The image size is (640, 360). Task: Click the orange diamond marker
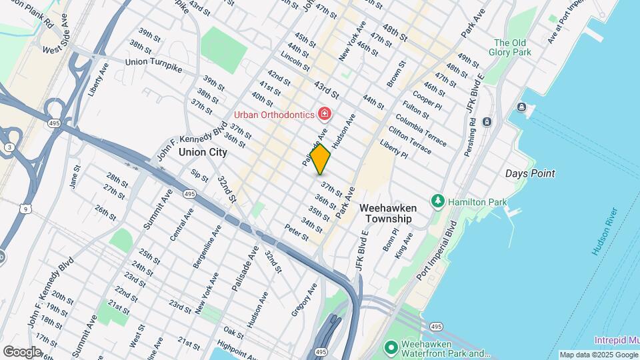tap(321, 159)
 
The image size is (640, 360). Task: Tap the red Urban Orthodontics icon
tap(325, 114)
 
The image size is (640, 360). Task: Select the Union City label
tap(203, 152)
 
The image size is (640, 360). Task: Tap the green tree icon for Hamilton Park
tap(438, 201)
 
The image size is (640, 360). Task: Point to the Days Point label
tap(530, 173)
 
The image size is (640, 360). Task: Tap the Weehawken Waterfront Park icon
tap(391, 347)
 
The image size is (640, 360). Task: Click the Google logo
tap(21, 351)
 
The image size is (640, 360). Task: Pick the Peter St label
tap(296, 233)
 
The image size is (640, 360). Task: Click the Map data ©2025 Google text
tap(597, 355)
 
